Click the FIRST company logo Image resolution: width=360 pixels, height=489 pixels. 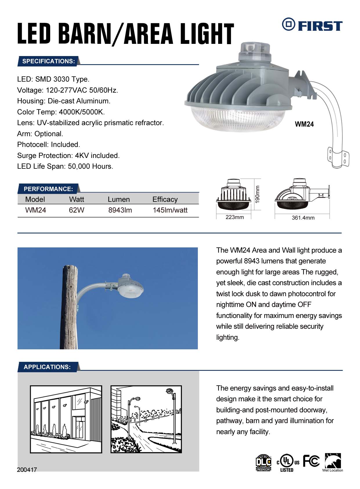(x=312, y=25)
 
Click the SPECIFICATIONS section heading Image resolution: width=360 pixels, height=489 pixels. (x=48, y=61)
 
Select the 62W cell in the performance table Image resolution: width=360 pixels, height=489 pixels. (x=77, y=210)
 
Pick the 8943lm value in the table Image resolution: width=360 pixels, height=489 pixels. (x=120, y=210)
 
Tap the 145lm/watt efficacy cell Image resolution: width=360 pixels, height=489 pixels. (x=170, y=210)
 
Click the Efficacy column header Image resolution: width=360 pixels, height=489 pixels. (x=165, y=199)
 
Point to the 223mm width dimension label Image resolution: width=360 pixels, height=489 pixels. (x=235, y=217)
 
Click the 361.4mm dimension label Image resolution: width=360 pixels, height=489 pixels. (x=303, y=218)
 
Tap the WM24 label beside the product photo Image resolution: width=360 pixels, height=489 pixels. (x=304, y=124)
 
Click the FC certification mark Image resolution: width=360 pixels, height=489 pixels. (x=311, y=461)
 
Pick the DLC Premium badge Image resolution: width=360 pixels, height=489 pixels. (x=263, y=463)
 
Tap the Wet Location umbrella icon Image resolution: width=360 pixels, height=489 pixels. (x=332, y=462)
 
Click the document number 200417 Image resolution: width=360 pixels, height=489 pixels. (x=27, y=470)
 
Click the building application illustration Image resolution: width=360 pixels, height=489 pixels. (x=66, y=419)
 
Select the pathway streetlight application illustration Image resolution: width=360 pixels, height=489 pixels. (x=146, y=419)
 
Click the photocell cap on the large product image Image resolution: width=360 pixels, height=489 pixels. (x=250, y=51)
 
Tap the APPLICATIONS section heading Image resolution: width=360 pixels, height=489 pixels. (x=47, y=367)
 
